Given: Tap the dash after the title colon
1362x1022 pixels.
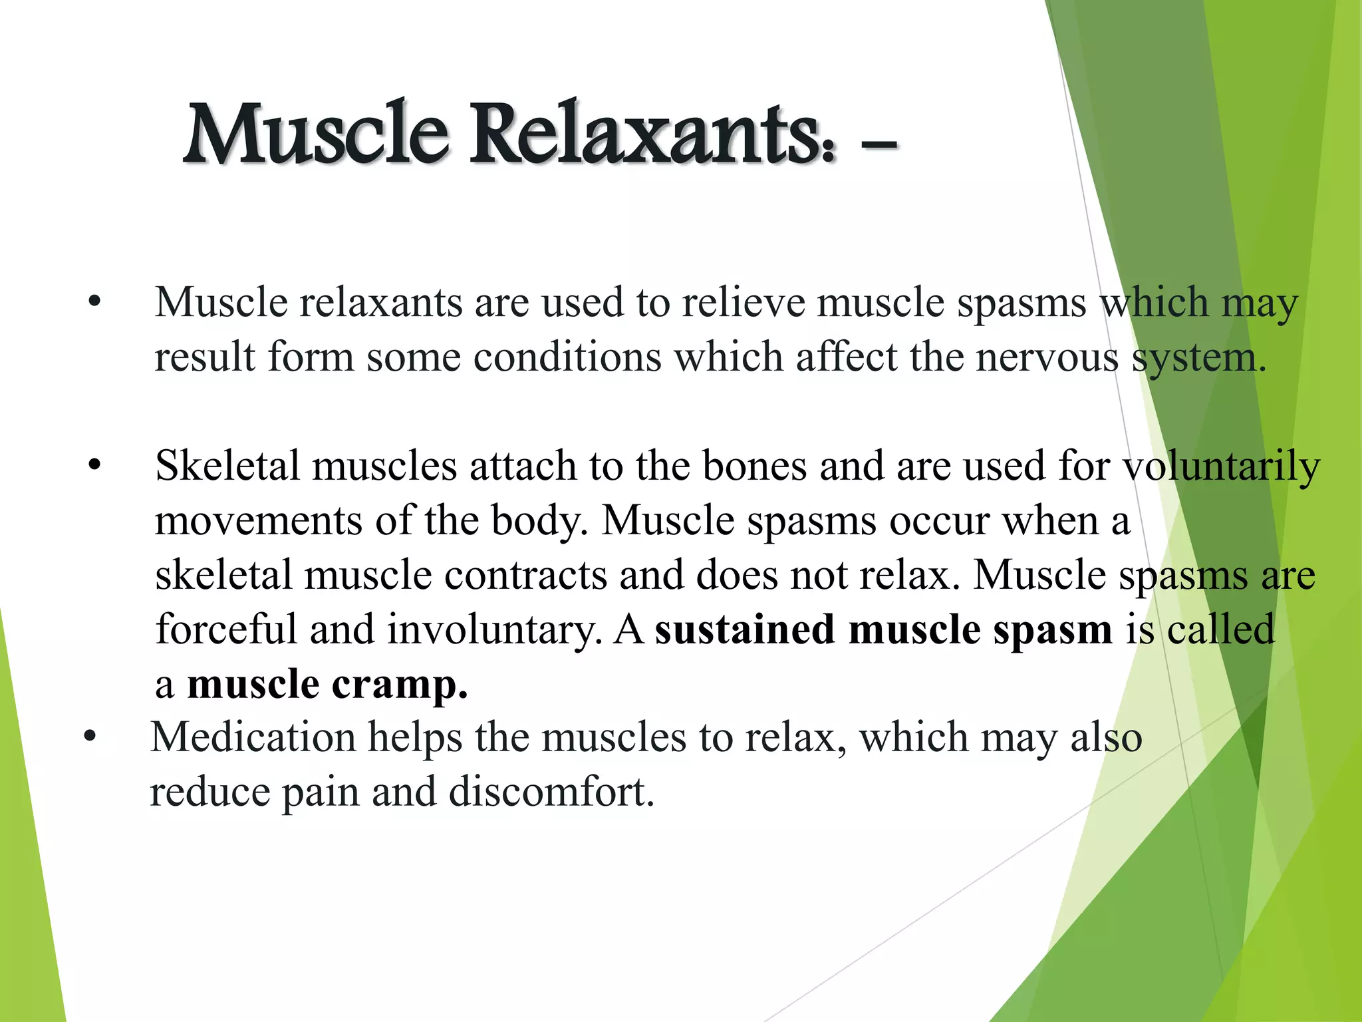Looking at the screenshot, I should point(878,144).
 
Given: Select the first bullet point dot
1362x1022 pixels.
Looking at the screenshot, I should point(94,302).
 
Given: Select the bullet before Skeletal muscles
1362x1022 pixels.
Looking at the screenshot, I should point(94,465).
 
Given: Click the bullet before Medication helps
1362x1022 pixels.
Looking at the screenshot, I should point(90,737).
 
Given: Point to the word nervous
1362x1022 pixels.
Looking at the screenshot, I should point(1047,357).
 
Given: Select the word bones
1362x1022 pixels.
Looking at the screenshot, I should point(754,465).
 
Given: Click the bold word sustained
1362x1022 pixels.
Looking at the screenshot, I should point(745,629).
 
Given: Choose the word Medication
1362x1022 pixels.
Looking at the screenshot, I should point(253,737).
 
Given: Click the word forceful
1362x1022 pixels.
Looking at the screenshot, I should point(226,629).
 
